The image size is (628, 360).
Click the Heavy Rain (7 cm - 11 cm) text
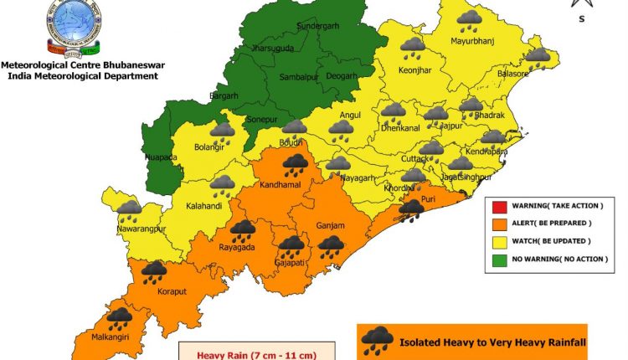(x=256, y=355)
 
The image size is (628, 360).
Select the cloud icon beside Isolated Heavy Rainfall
(x=378, y=340)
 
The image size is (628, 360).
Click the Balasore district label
(x=511, y=75)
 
